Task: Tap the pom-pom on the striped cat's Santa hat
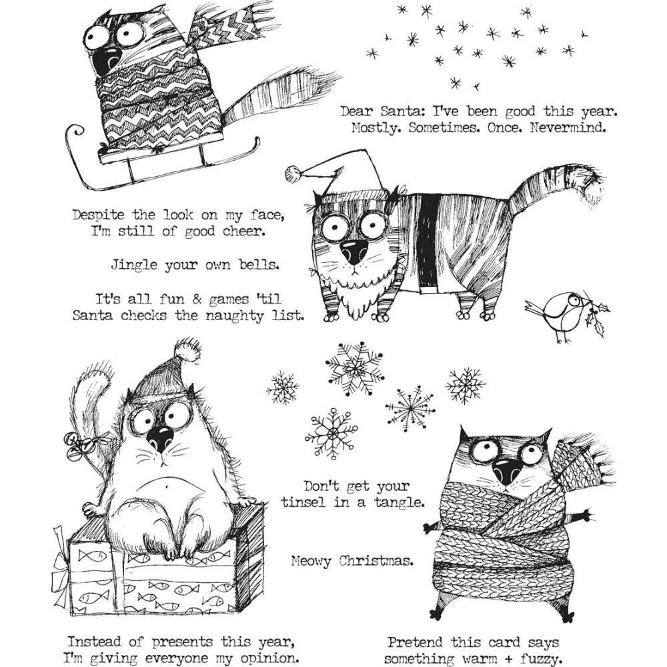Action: pyautogui.click(x=292, y=174)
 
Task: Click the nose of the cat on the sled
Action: pyautogui.click(x=103, y=62)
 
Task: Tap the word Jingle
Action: pyautogui.click(x=134, y=265)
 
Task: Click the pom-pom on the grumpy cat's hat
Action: pyautogui.click(x=187, y=350)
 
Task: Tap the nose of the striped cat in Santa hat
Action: pyautogui.click(x=353, y=252)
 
